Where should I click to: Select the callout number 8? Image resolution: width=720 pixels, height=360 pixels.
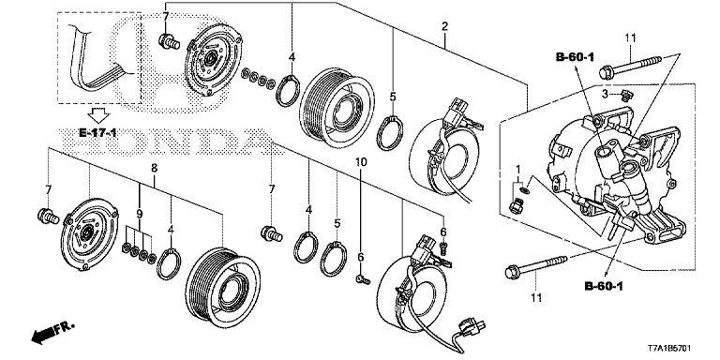tap(154, 169)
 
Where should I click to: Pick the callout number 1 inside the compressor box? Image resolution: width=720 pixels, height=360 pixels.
tap(517, 168)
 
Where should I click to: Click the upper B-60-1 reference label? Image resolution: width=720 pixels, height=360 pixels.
tap(576, 59)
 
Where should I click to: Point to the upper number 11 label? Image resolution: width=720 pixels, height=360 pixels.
tap(631, 37)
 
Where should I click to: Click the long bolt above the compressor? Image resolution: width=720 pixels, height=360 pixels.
tap(634, 67)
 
